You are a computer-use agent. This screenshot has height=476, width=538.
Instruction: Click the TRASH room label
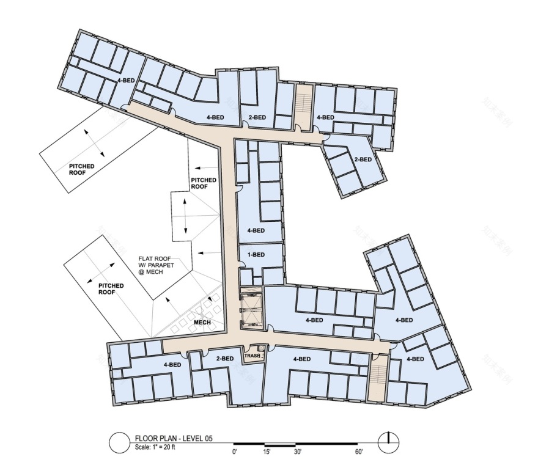252,355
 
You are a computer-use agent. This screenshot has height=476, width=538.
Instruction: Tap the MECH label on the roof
202,323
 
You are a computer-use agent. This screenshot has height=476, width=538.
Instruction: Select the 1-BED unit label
256,255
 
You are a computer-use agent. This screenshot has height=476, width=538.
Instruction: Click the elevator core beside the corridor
251,309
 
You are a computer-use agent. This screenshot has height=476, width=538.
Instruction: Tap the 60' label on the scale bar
358,452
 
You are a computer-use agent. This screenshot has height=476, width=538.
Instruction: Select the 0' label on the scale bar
235,452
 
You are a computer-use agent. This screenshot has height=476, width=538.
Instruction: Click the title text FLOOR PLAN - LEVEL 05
174,438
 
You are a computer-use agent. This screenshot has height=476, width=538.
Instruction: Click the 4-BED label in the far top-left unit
126,81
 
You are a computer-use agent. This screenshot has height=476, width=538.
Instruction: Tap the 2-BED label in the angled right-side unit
363,159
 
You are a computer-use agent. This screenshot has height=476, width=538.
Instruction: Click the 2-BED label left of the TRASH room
224,359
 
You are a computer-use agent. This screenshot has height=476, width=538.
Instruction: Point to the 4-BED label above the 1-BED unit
256,230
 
